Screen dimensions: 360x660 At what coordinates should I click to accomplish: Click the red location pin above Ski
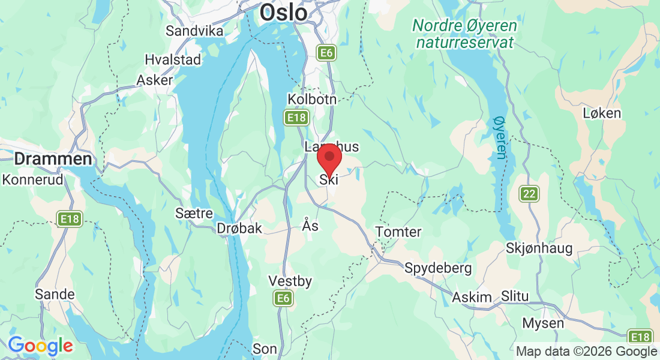(329, 158)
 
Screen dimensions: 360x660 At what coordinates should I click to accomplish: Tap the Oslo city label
(284, 13)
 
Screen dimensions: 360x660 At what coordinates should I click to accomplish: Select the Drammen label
(53, 159)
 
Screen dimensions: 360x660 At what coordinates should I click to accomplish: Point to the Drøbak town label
(239, 228)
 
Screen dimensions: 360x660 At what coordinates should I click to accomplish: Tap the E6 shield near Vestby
(283, 298)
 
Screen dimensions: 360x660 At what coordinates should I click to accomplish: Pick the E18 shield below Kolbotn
(297, 118)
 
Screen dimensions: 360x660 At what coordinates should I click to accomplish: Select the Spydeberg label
(438, 268)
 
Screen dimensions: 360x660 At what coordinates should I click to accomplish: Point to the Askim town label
(472, 298)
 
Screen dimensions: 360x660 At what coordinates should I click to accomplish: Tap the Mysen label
(543, 323)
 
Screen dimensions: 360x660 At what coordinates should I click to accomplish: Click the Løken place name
(602, 113)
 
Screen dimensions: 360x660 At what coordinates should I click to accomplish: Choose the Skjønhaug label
(539, 248)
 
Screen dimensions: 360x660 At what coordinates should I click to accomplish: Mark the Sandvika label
(194, 31)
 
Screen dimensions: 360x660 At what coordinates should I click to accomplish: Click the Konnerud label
(33, 179)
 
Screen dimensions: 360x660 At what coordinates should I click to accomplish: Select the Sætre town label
(194, 213)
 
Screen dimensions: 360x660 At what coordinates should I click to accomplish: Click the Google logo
(40, 346)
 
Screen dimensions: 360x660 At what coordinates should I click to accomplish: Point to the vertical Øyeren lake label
(499, 138)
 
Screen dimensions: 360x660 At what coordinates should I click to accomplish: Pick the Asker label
(154, 80)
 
